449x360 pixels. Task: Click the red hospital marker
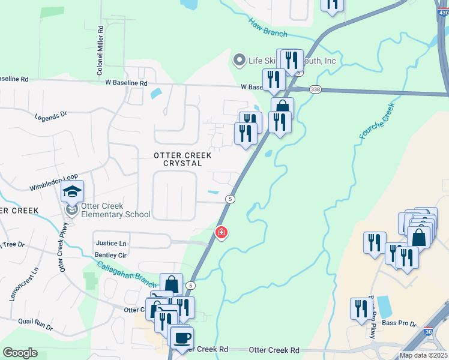221,232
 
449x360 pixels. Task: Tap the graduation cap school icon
73,192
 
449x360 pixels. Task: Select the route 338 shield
315,89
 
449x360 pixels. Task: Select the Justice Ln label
111,244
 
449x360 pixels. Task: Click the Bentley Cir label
111,255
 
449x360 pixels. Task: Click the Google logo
20,353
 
